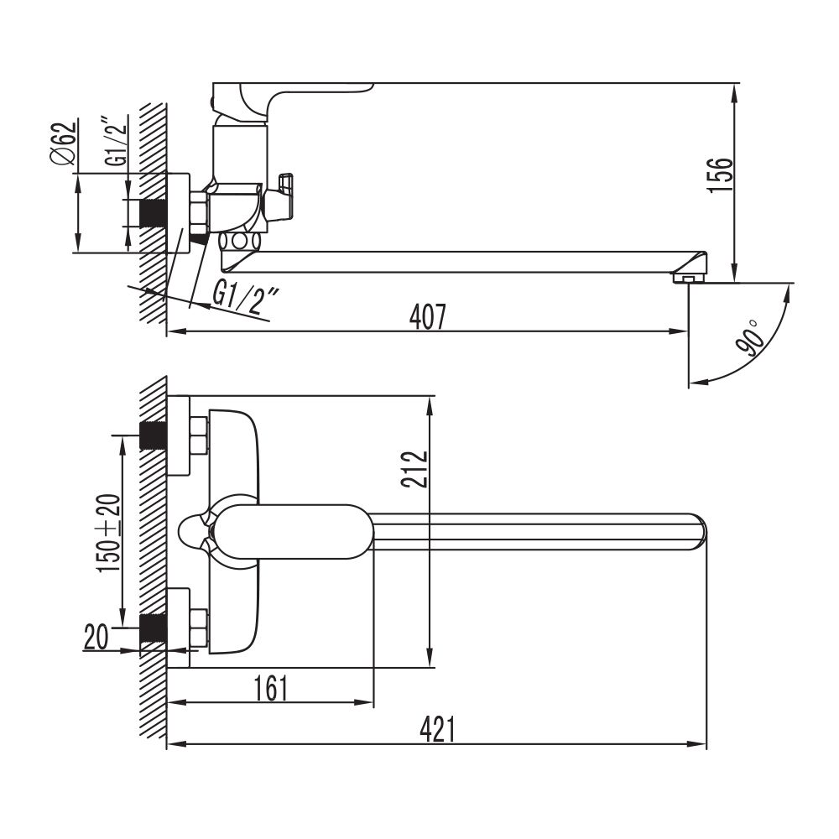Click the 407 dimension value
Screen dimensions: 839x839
(427, 317)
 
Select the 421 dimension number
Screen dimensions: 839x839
(437, 729)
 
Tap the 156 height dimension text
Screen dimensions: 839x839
(720, 175)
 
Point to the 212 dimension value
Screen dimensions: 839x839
(415, 469)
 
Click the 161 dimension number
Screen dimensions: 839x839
(271, 688)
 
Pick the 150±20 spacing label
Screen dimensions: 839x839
(108, 534)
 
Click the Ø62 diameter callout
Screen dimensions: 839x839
(64, 143)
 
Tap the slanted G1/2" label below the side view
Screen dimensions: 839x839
(246, 298)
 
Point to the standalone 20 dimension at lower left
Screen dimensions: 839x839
(96, 637)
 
